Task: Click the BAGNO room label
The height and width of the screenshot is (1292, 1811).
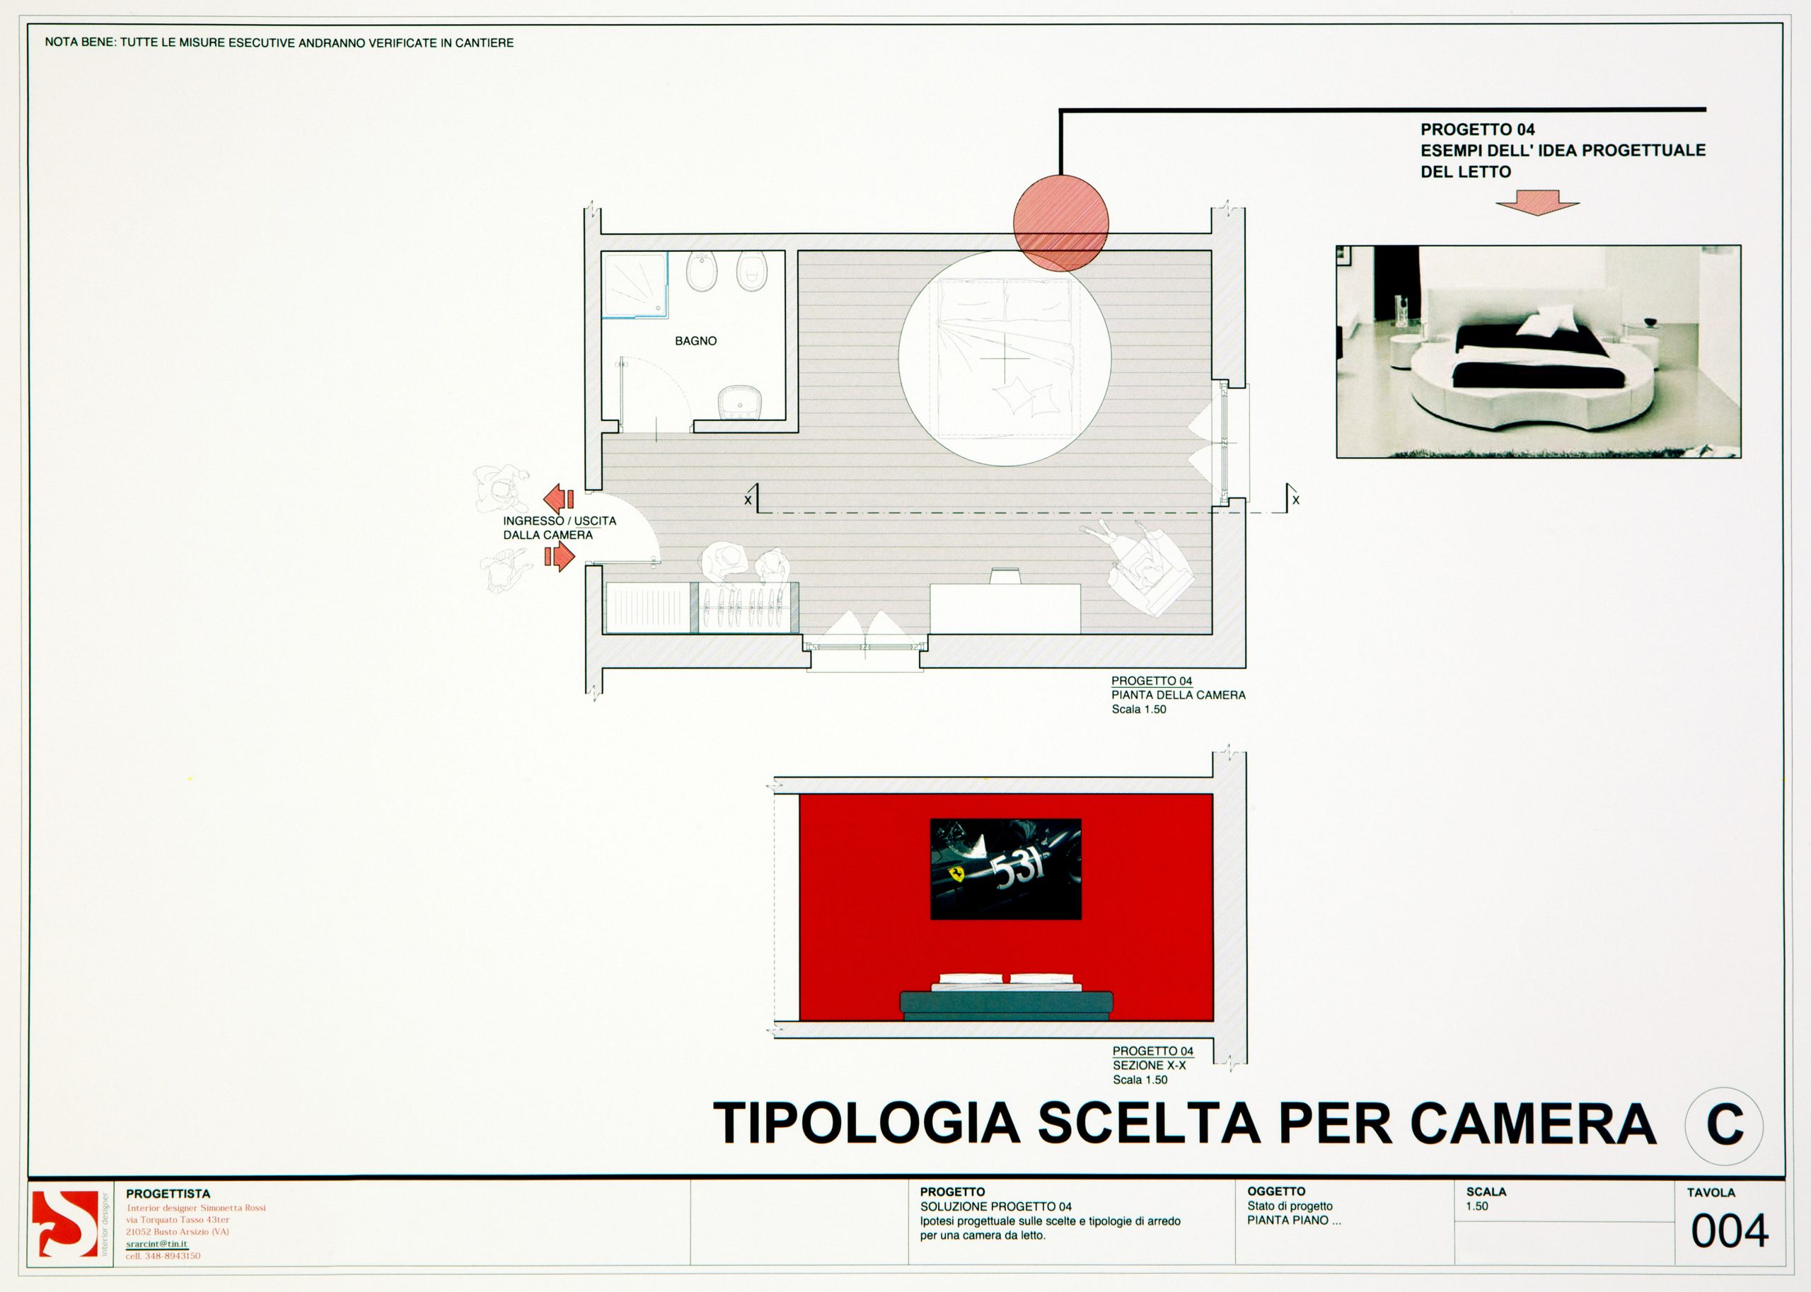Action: tap(695, 340)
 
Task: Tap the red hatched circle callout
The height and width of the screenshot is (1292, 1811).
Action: tap(1060, 224)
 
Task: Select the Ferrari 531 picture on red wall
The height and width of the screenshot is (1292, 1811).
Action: tap(1005, 869)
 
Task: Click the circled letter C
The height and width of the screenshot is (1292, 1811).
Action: tap(1723, 1126)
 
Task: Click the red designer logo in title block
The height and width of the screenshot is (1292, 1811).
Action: tap(64, 1224)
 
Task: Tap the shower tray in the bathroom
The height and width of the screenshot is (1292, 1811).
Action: tap(634, 285)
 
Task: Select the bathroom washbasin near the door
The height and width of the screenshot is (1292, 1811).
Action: tap(740, 402)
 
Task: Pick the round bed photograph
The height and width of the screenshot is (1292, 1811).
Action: tap(1538, 351)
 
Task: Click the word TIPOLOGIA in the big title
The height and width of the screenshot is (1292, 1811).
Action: tap(866, 1124)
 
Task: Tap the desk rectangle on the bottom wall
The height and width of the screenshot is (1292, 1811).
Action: tap(1005, 608)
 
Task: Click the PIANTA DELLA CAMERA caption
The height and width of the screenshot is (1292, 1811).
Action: tap(1178, 695)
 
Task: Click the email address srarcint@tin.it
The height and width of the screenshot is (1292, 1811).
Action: tap(156, 1243)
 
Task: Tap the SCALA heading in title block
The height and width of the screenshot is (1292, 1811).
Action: tap(1486, 1192)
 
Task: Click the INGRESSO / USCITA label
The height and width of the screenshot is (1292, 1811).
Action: tap(559, 521)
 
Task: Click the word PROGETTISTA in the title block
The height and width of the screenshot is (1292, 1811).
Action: tap(168, 1194)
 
